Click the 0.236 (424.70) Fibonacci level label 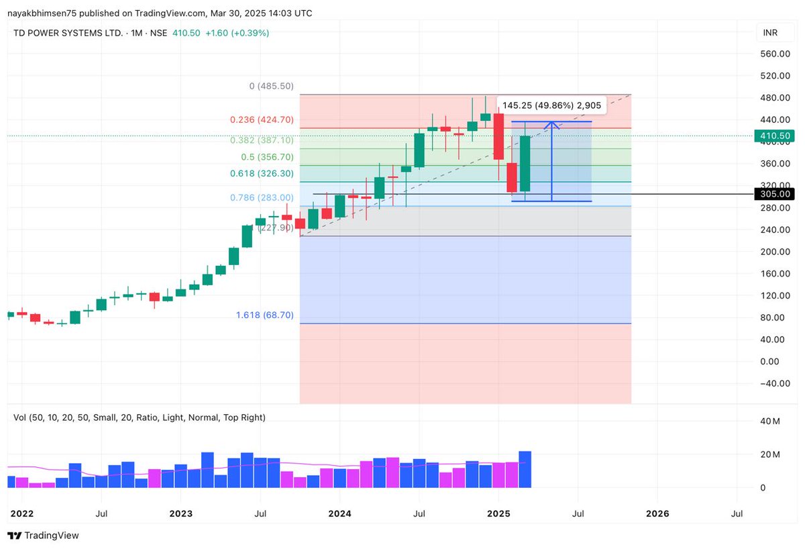pos(262,120)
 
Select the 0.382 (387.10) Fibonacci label pos(262,140)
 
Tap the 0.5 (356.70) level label pos(267,157)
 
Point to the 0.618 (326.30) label pos(262,174)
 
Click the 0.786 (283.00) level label pos(262,197)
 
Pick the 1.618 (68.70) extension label pos(264,315)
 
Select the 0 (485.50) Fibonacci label pos(271,87)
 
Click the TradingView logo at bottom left pos(44,536)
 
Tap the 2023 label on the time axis pos(180,513)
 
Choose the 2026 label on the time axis pos(657,513)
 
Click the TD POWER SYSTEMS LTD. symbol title pos(68,33)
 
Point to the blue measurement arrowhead pos(551,124)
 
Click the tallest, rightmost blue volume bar pos(525,469)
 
